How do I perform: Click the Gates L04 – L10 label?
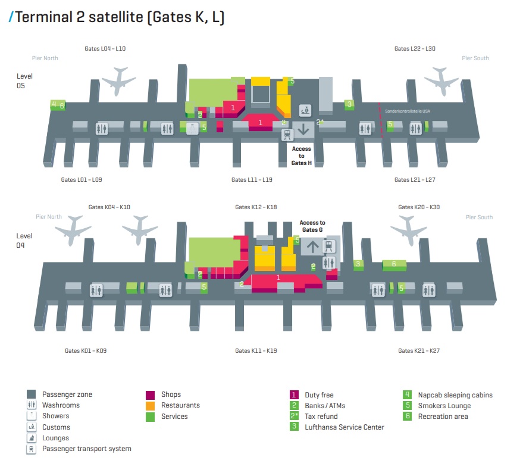click(x=105, y=48)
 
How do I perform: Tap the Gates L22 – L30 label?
click(x=415, y=48)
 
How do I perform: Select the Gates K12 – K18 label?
click(x=256, y=207)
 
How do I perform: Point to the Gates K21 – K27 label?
click(x=419, y=350)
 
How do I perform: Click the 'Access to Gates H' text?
click(x=302, y=156)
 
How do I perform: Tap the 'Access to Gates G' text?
click(x=312, y=226)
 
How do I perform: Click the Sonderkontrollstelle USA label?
click(x=406, y=111)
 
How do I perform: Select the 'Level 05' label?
click(x=24, y=81)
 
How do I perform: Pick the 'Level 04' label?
click(x=24, y=240)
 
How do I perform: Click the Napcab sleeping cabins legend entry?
click(x=455, y=394)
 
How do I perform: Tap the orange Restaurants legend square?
click(x=151, y=405)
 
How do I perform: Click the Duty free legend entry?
click(x=319, y=394)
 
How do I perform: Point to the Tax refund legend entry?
click(x=321, y=416)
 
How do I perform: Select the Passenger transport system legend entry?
click(x=86, y=448)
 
